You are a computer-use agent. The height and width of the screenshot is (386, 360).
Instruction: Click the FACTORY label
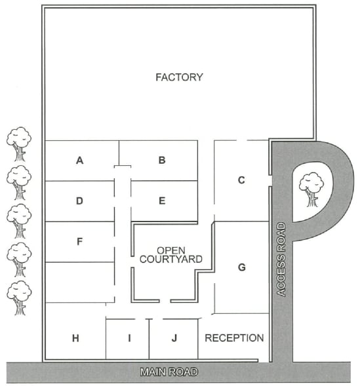pyautogui.click(x=179, y=77)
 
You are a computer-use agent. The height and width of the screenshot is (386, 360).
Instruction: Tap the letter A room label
pyautogui.click(x=79, y=161)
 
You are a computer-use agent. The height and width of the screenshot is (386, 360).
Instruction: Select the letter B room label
pyautogui.click(x=162, y=161)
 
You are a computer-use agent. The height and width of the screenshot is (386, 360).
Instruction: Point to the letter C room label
pyautogui.click(x=241, y=180)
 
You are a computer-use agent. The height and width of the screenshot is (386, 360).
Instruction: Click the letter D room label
pyautogui.click(x=79, y=201)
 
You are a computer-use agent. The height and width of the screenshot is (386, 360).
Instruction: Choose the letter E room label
pyautogui.click(x=162, y=201)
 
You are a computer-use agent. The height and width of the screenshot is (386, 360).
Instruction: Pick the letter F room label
pyautogui.click(x=79, y=242)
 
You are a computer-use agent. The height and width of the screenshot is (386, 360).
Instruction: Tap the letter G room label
pyautogui.click(x=242, y=267)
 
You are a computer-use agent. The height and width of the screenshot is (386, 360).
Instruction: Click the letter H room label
pyautogui.click(x=75, y=339)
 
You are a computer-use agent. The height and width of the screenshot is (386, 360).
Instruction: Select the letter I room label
pyautogui.click(x=129, y=339)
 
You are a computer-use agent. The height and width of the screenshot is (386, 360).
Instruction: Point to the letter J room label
pyautogui.click(x=174, y=338)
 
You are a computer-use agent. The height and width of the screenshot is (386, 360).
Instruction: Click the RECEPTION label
pyautogui.click(x=234, y=338)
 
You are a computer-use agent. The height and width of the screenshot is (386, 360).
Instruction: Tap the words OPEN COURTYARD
pyautogui.click(x=171, y=255)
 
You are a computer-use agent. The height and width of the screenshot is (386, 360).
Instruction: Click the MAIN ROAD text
pyautogui.click(x=169, y=372)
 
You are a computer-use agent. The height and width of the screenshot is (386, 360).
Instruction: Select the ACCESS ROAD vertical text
pyautogui.click(x=281, y=260)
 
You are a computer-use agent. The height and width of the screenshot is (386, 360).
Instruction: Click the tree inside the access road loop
pyautogui.click(x=311, y=189)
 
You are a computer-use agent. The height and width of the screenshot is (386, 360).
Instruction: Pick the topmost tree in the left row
pyautogui.click(x=19, y=144)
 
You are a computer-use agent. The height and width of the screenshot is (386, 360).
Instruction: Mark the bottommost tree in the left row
pyautogui.click(x=19, y=298)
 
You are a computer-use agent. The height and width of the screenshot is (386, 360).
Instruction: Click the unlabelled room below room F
pyautogui.click(x=80, y=282)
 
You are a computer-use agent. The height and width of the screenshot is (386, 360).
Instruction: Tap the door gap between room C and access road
pyautogui.click(x=270, y=181)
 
